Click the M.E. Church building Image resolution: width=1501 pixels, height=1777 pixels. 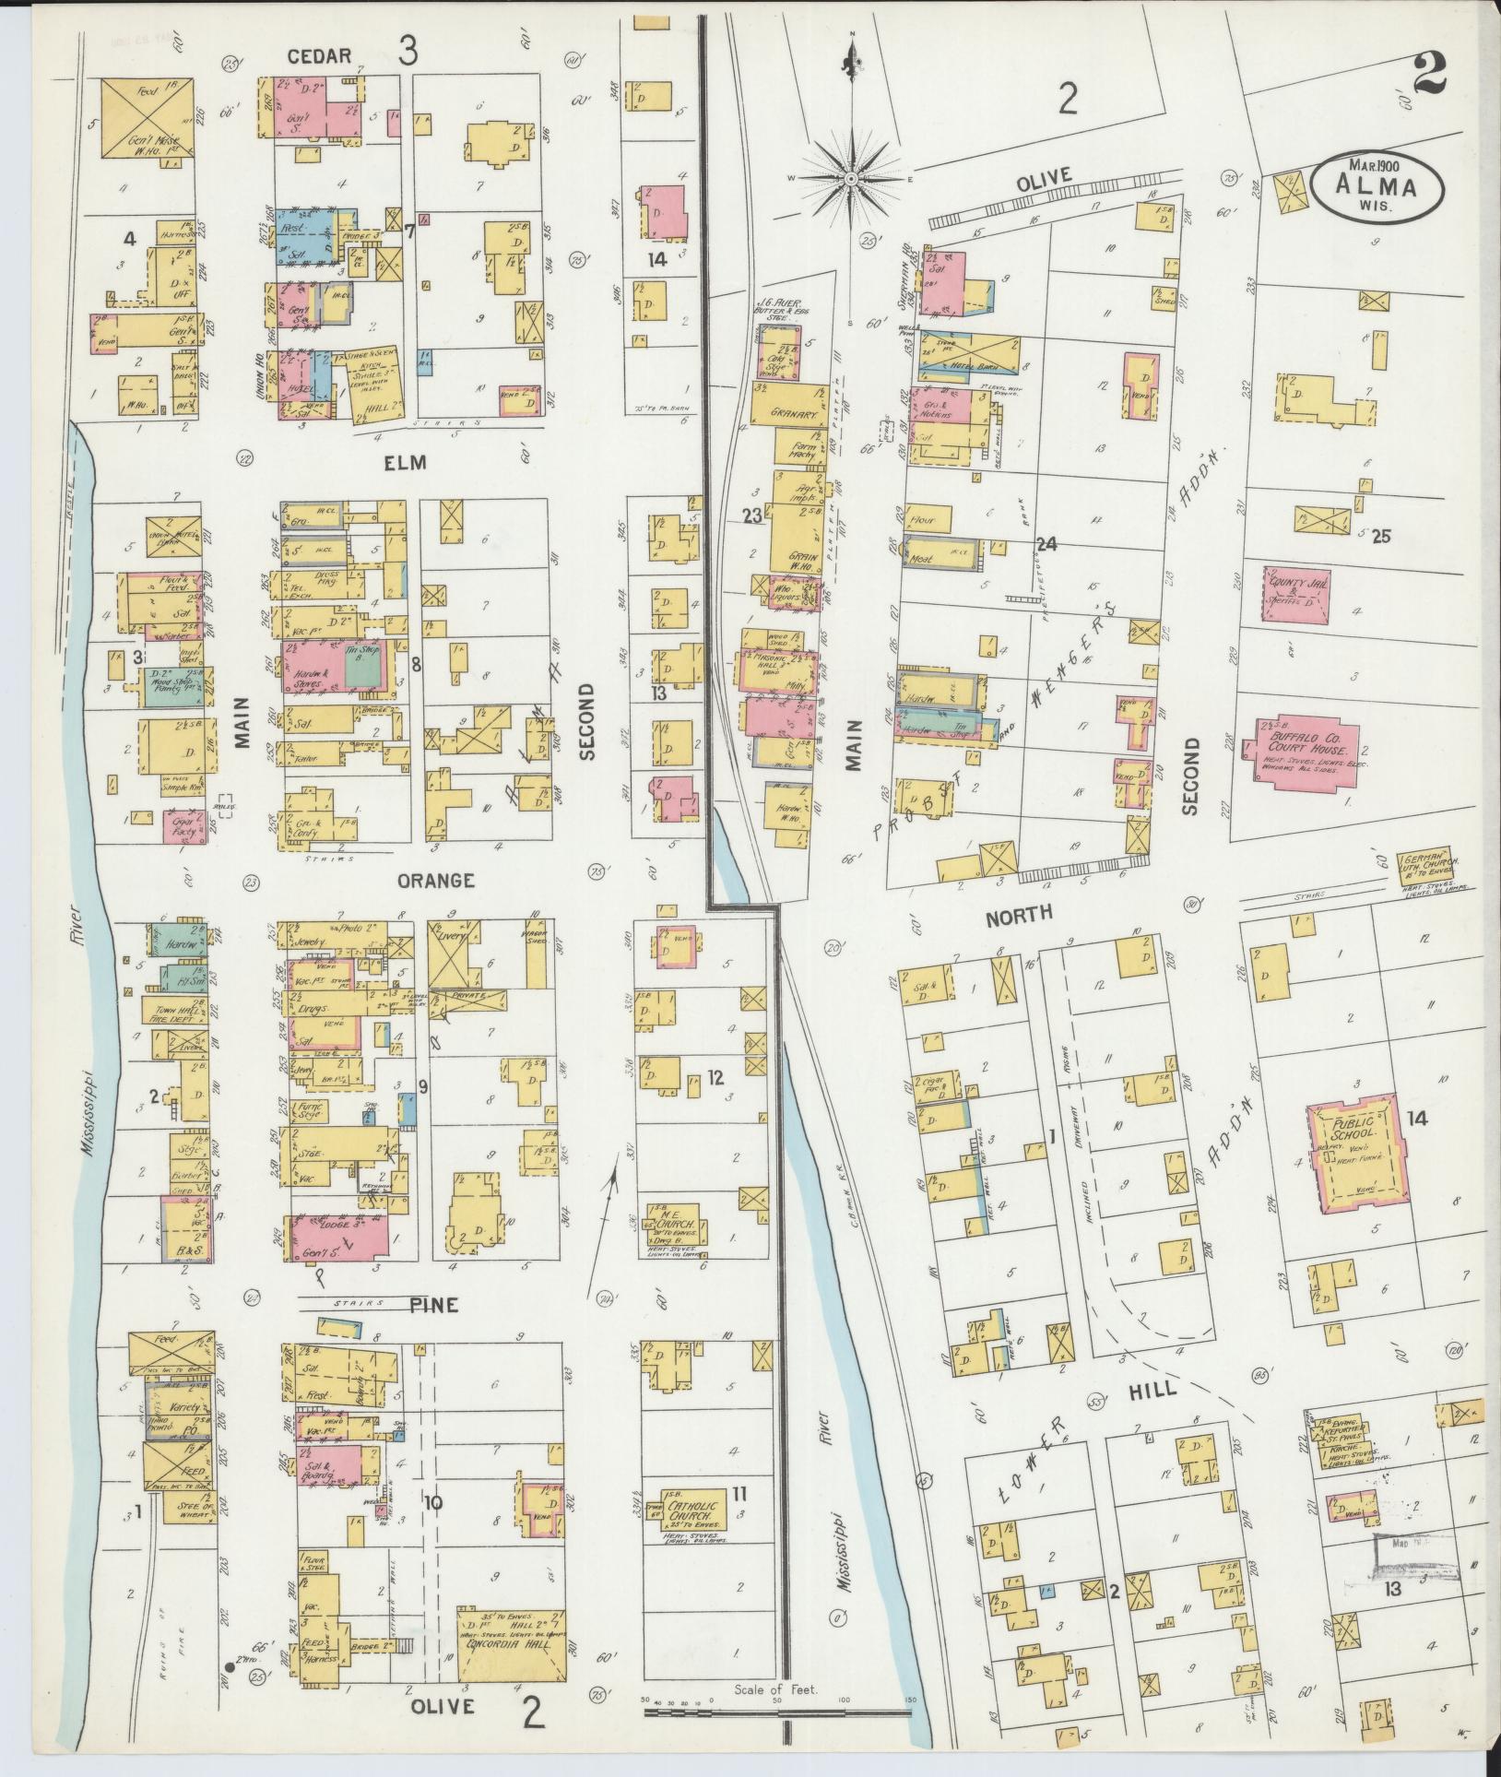[x=675, y=1224]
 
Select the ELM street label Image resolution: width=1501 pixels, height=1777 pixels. [x=406, y=463]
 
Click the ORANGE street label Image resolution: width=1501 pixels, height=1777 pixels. [x=435, y=881]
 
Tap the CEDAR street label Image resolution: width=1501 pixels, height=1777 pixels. [x=318, y=56]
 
